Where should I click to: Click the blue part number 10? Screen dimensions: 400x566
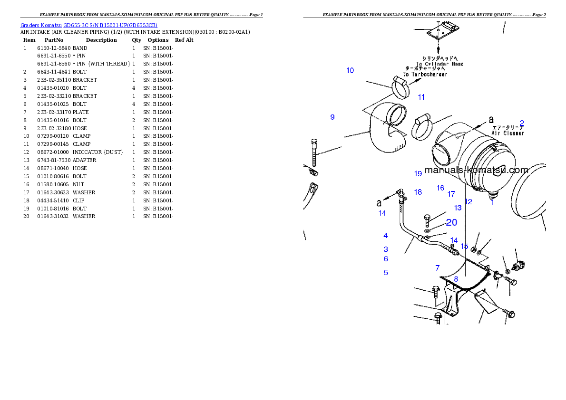point(350,71)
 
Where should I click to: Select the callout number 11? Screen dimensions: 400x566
point(421,97)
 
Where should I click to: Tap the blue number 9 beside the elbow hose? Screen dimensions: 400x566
point(332,117)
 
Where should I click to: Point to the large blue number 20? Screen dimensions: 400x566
point(451,222)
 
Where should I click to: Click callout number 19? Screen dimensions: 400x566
point(418,174)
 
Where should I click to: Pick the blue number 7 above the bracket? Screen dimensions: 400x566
point(438,268)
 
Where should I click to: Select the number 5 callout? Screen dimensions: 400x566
point(386,273)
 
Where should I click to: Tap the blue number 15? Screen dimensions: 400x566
point(465,246)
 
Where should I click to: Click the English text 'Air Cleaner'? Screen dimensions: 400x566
point(507,133)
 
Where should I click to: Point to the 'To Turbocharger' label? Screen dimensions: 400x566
point(425,75)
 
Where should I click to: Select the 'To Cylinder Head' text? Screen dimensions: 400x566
point(439,64)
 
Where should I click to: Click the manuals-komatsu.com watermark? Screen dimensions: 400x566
point(476,170)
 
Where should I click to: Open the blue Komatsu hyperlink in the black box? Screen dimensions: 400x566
point(89,25)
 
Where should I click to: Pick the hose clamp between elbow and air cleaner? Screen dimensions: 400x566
point(421,127)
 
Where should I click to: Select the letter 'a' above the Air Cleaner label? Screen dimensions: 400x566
point(491,119)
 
